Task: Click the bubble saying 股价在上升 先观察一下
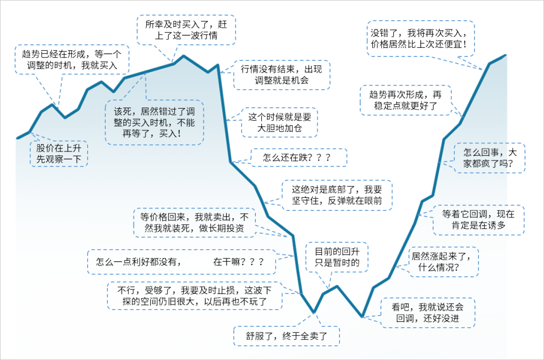click(58, 154)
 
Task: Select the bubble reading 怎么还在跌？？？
click(298, 158)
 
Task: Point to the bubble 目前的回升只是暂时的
click(337, 257)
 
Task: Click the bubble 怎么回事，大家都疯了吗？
click(489, 158)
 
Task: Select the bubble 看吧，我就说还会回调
click(428, 312)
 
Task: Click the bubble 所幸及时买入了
click(187, 30)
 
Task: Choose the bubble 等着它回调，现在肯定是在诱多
click(478, 220)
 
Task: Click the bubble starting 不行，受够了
click(194, 296)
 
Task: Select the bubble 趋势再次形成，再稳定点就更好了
click(405, 100)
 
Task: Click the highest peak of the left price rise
click(183, 55)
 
